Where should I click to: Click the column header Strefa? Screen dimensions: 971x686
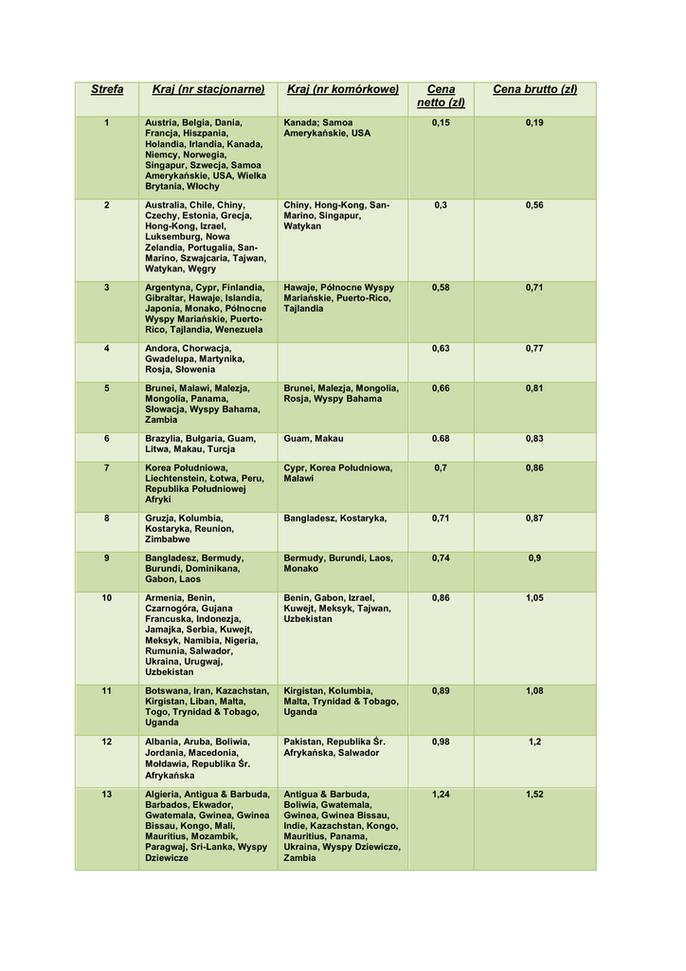pyautogui.click(x=107, y=90)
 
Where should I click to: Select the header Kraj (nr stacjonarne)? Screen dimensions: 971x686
pyautogui.click(x=208, y=90)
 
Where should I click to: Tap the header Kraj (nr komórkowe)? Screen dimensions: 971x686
pyautogui.click(x=342, y=90)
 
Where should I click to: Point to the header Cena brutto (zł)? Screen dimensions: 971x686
pyautogui.click(x=534, y=90)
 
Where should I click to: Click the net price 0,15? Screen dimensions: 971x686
pyautogui.click(x=441, y=123)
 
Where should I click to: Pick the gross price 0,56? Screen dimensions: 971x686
pyautogui.click(x=534, y=206)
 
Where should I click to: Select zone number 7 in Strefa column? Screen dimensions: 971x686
pyautogui.click(x=107, y=468)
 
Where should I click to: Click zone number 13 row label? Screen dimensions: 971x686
pyautogui.click(x=107, y=795)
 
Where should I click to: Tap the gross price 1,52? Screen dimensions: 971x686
pyautogui.click(x=534, y=795)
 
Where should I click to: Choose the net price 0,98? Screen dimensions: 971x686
pyautogui.click(x=441, y=742)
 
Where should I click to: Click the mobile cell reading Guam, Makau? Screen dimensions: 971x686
pyautogui.click(x=314, y=439)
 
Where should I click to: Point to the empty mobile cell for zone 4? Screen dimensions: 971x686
pyautogui.click(x=342, y=361)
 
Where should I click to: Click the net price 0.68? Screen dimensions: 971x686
pyautogui.click(x=441, y=439)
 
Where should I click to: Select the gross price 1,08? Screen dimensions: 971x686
pyautogui.click(x=534, y=691)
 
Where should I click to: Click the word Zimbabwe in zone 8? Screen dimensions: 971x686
pyautogui.click(x=167, y=540)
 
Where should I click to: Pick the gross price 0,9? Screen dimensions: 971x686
pyautogui.click(x=534, y=559)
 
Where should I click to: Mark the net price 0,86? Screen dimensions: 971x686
pyautogui.click(x=441, y=598)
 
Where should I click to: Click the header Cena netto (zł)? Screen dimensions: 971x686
pyautogui.click(x=441, y=96)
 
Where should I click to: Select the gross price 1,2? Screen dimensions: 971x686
pyautogui.click(x=534, y=742)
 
